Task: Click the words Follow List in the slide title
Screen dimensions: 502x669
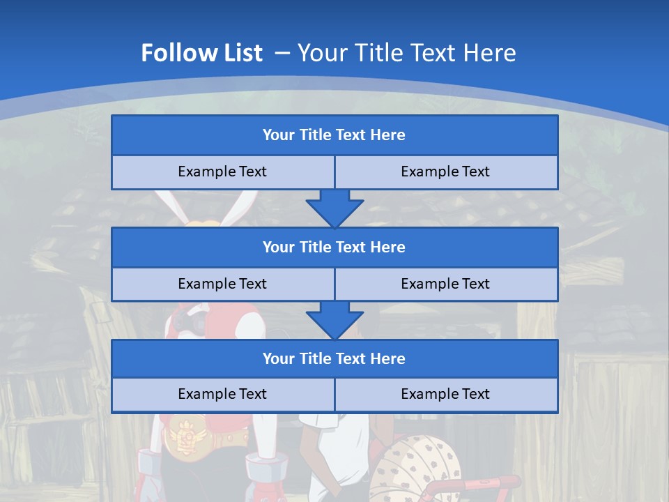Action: click(201, 53)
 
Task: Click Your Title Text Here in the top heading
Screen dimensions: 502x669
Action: click(406, 53)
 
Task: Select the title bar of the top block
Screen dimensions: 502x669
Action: click(334, 135)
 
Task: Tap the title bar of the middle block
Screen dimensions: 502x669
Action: click(334, 248)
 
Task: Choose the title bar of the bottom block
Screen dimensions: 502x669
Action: click(334, 359)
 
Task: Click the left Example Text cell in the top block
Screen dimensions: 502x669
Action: click(222, 172)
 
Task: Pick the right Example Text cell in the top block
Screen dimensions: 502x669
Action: click(445, 172)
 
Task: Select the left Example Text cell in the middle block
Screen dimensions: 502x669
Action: click(222, 284)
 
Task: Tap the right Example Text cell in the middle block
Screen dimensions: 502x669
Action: click(445, 284)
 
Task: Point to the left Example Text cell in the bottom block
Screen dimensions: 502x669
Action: click(222, 394)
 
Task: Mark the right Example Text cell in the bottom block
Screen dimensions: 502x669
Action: click(445, 394)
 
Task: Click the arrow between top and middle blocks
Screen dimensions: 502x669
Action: click(334, 207)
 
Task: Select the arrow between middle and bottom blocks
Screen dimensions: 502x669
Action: click(334, 319)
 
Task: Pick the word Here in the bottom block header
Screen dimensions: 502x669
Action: click(388, 359)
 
